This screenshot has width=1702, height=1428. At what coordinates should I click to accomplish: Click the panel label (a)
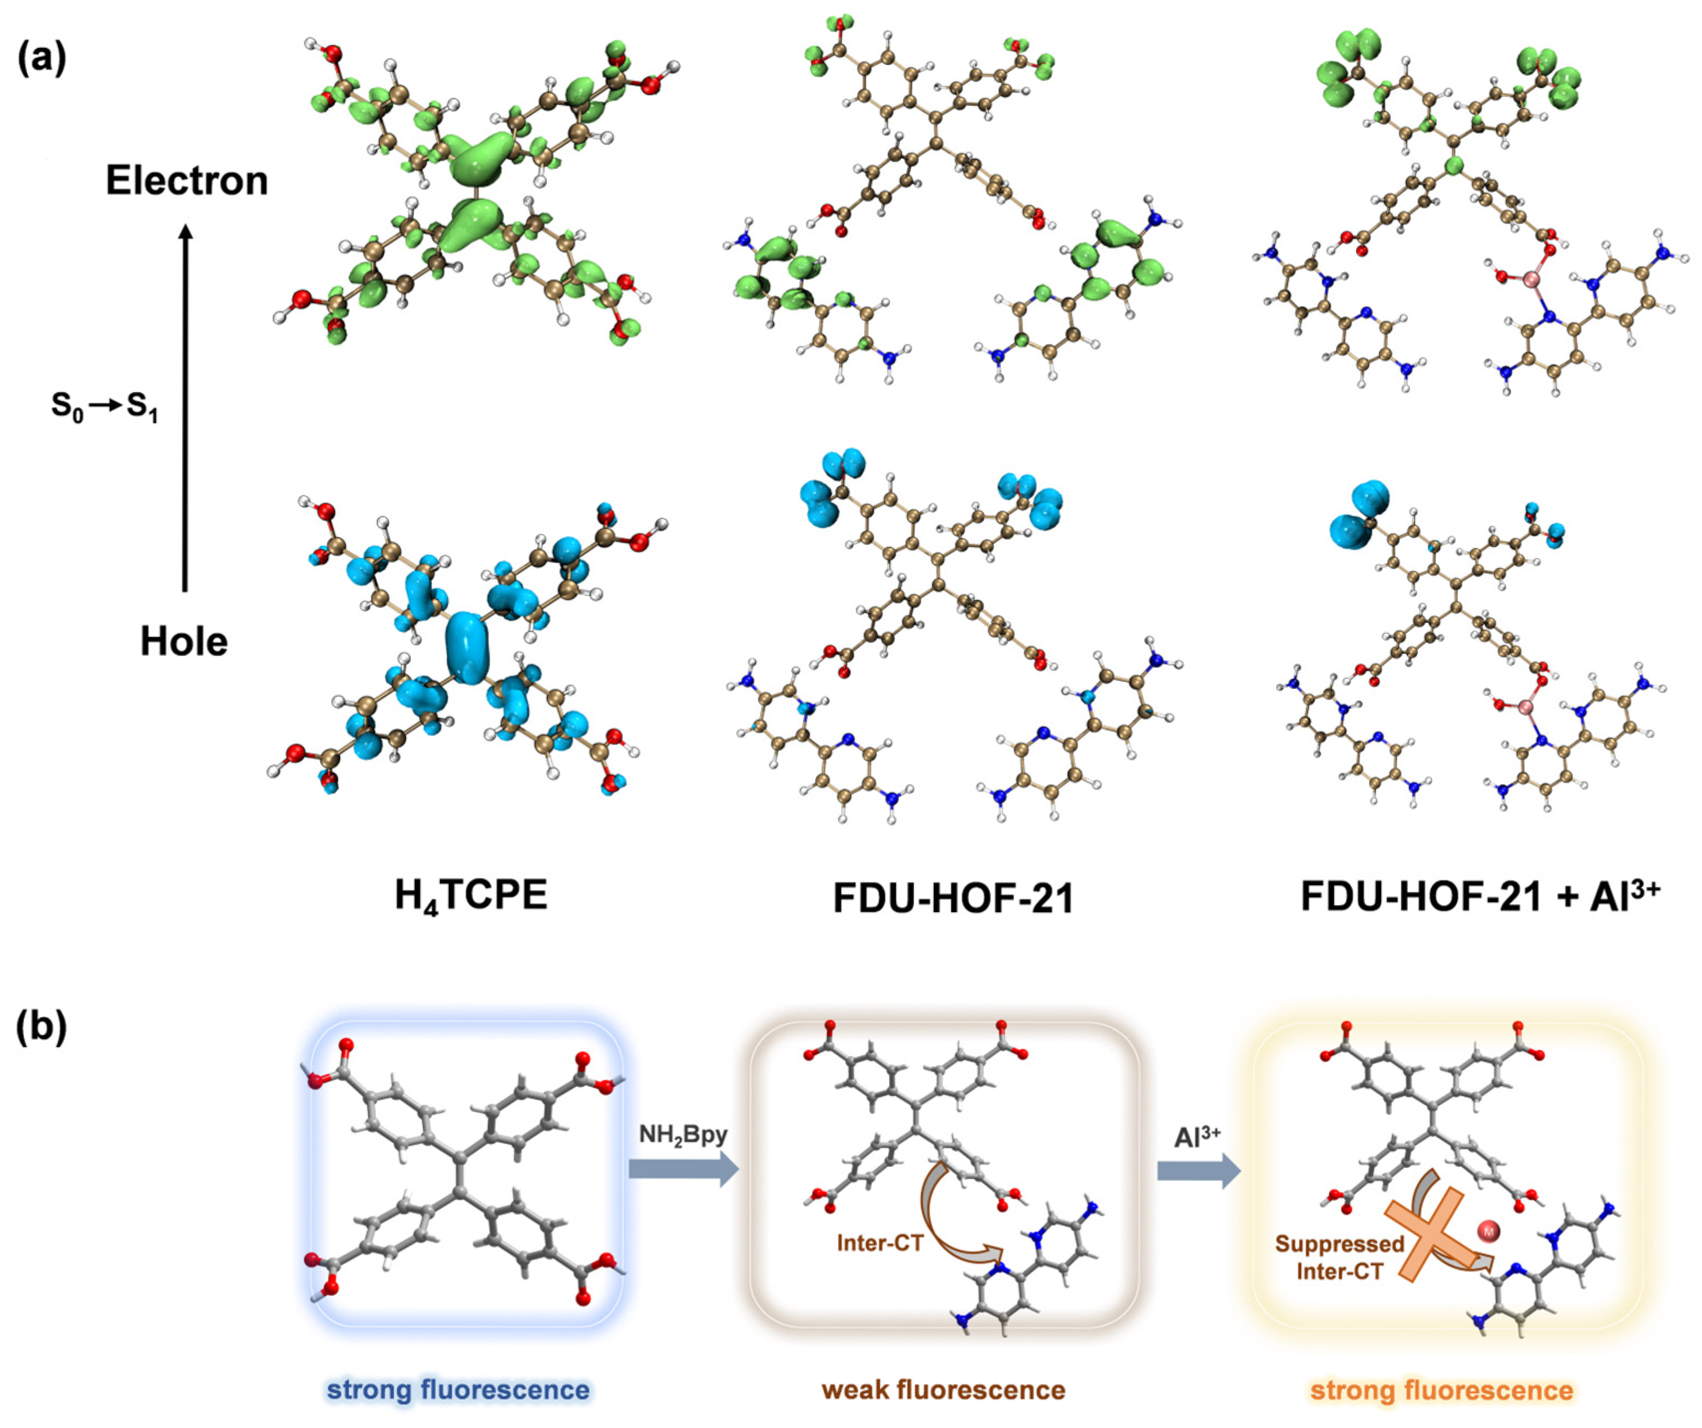(41, 58)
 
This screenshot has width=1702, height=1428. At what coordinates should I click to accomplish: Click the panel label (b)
(41, 1026)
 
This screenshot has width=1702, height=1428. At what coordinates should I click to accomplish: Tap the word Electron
(186, 180)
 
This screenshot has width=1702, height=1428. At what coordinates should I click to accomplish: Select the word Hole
(184, 642)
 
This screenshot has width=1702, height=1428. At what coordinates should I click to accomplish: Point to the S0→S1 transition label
(104, 406)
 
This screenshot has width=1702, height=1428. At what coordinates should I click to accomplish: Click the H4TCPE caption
(471, 896)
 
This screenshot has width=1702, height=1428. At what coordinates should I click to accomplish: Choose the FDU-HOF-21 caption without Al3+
(953, 898)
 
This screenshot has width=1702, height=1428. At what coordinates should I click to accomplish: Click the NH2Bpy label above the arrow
(682, 1134)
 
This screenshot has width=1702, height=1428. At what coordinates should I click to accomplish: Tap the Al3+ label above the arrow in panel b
(1197, 1136)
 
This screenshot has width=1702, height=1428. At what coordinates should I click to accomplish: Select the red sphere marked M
(1488, 1232)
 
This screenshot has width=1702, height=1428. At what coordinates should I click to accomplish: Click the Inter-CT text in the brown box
(879, 1242)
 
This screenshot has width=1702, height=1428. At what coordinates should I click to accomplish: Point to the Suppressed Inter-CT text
(1339, 1257)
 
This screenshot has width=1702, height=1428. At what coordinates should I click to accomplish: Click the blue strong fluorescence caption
(458, 1390)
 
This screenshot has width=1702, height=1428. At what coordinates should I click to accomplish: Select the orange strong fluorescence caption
(1441, 1390)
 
